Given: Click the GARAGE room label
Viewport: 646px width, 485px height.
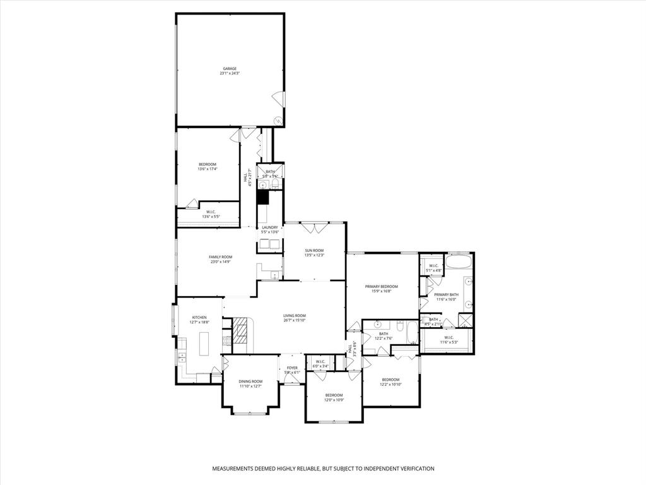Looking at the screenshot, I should click(x=230, y=68).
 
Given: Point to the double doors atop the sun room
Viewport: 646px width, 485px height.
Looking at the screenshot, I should click(x=314, y=225).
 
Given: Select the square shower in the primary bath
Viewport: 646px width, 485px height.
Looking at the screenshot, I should click(x=466, y=321).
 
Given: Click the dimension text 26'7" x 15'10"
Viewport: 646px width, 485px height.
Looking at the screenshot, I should click(x=294, y=320).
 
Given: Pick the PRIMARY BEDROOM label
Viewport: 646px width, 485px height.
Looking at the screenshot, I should click(x=381, y=286).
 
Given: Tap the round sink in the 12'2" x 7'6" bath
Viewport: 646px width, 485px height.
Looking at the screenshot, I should click(x=378, y=325).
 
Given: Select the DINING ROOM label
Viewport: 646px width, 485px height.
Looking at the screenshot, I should click(x=250, y=381).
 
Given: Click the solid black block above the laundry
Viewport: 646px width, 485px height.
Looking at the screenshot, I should click(x=262, y=196).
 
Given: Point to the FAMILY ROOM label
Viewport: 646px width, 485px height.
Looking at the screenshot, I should click(x=221, y=257).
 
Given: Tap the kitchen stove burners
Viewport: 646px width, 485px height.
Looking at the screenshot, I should click(x=226, y=341).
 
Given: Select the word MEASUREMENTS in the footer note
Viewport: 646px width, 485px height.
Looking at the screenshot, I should click(x=237, y=469).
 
